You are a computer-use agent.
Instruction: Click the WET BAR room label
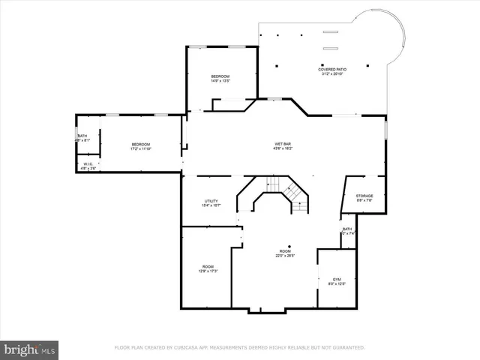283,144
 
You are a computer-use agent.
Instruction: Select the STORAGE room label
364,196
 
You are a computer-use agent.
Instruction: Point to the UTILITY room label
211,201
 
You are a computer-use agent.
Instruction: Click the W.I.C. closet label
88,163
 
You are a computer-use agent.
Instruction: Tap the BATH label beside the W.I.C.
82,136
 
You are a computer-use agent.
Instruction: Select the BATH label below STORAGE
347,229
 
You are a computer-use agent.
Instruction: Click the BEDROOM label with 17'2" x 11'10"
141,144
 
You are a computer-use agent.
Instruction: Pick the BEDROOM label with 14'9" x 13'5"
220,76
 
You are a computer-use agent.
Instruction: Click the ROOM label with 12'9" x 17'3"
208,267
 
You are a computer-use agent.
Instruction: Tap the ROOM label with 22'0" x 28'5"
285,251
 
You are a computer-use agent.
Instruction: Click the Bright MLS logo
30,349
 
